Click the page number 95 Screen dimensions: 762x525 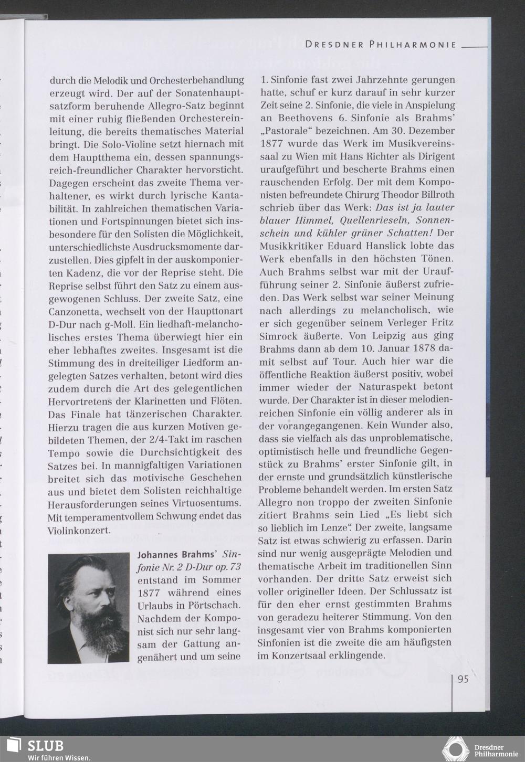(463, 679)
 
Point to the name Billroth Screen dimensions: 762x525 (435, 194)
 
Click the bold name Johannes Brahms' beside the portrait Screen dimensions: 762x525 (177, 554)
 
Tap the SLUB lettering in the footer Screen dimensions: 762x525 (46, 745)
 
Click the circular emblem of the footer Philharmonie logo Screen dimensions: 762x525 (455, 748)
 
